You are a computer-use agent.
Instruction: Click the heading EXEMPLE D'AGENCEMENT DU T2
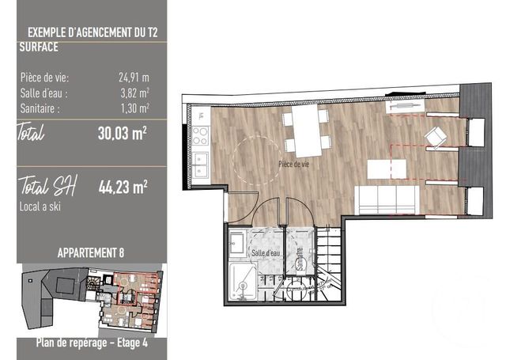point(93,33)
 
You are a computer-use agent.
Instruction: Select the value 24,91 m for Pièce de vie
point(134,78)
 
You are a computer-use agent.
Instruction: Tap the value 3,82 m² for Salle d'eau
point(135,93)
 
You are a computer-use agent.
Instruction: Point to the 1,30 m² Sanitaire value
point(135,108)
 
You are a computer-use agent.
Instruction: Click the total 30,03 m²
point(123,134)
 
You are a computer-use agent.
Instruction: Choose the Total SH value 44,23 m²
point(123,187)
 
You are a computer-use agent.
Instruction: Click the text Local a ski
point(40,207)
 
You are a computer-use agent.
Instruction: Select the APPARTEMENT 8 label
point(91,253)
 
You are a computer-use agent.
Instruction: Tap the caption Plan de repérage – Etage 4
point(92,343)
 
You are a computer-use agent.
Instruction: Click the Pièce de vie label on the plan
point(293,165)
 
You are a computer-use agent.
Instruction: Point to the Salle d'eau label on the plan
point(266,253)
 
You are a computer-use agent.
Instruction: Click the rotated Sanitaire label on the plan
point(300,259)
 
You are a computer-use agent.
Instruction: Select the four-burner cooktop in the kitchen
point(200,136)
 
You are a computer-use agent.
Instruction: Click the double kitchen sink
point(200,164)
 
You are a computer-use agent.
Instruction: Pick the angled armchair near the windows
point(436,137)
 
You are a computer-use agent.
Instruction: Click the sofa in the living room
point(387,200)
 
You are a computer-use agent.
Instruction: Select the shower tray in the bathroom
point(244,281)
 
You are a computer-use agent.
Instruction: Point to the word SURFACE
point(39,47)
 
